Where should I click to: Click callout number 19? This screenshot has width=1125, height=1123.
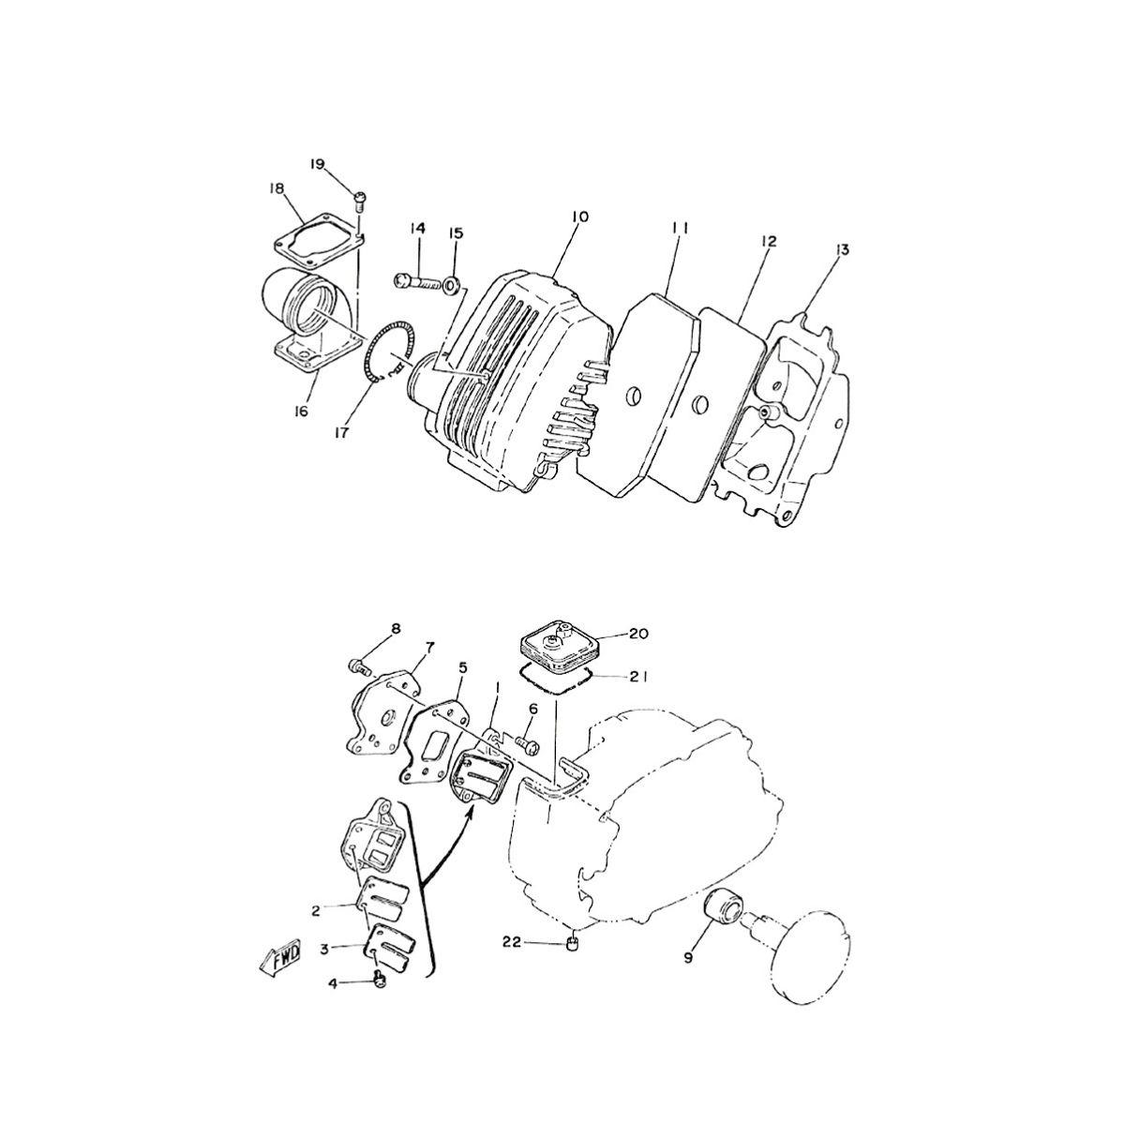[x=317, y=164]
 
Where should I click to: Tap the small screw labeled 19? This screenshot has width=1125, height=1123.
[x=360, y=198]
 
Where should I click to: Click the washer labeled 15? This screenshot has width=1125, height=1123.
[x=453, y=282]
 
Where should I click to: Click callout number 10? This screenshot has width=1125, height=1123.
[x=578, y=217]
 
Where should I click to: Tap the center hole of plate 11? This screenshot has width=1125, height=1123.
[x=633, y=396]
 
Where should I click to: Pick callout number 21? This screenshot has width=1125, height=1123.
[x=639, y=676]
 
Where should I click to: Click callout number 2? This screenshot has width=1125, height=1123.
[x=317, y=910]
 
